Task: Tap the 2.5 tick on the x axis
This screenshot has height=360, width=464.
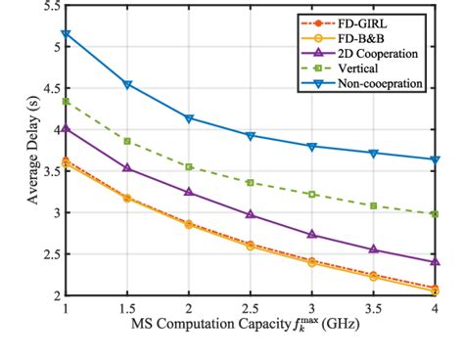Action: pos(251,307)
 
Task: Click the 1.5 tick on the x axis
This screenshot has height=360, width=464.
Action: pos(126,307)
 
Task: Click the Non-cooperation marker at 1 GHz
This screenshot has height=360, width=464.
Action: pos(66,34)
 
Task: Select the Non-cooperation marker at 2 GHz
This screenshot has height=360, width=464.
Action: pos(189,118)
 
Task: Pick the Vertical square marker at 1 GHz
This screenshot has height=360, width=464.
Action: pos(66,102)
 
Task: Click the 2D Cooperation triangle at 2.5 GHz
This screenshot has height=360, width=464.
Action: pos(251,214)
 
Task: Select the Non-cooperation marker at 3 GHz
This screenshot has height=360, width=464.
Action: pos(312,146)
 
